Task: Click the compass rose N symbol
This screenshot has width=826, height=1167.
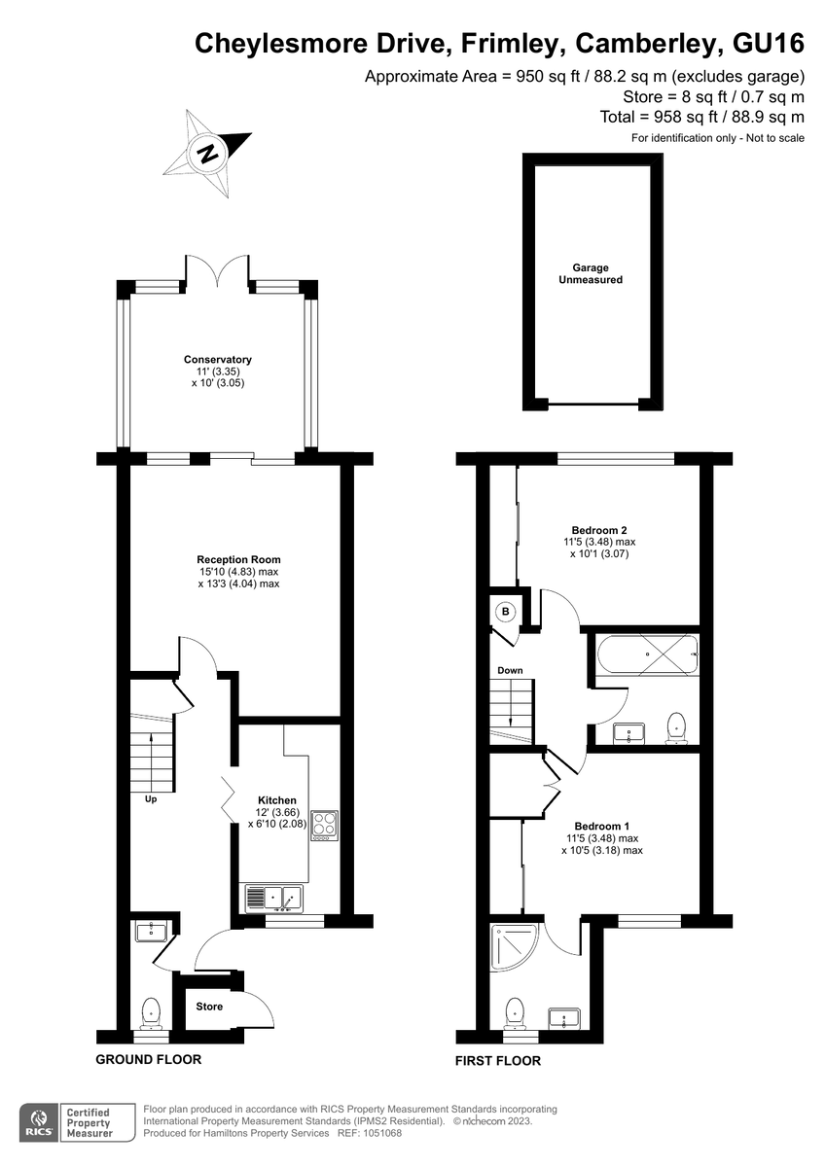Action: coord(208,153)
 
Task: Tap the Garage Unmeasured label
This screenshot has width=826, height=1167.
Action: coord(591,273)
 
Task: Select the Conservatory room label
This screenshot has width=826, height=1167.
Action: coord(217,360)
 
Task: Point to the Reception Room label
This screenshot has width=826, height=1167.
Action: coord(238,559)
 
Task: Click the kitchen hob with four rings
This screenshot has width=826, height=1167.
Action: coord(325,826)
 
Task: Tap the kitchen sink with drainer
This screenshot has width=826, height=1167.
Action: coord(273,899)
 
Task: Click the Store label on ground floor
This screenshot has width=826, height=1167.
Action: coord(209,1007)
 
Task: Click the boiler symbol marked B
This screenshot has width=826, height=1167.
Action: coord(505,611)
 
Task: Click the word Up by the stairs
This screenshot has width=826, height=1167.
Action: coord(151,798)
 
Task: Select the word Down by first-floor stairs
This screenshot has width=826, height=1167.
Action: coord(510,670)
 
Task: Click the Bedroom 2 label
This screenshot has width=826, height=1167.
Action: coord(599,530)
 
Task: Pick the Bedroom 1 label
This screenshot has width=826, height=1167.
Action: coord(602,826)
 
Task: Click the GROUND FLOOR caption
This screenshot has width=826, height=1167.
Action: coord(149,1059)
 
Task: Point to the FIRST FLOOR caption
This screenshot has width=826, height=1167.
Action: coord(498,1061)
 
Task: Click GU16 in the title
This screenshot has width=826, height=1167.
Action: coord(769,44)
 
